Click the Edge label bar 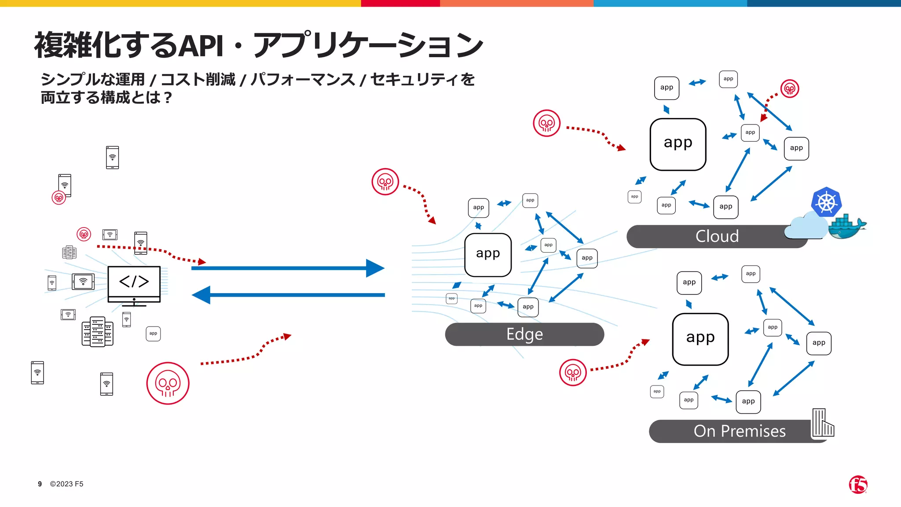[524, 334]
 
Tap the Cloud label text [717, 236]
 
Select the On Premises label [740, 431]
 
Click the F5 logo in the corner [858, 485]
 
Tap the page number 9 [40, 484]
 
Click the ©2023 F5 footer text [66, 484]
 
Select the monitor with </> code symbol [134, 284]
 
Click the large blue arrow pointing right [288, 268]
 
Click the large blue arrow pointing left [288, 295]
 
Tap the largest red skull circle [168, 383]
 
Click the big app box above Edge [488, 255]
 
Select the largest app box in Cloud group [678, 144]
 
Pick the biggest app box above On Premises [700, 339]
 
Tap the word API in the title [202, 46]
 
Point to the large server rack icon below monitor [97, 331]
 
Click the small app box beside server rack [153, 334]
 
